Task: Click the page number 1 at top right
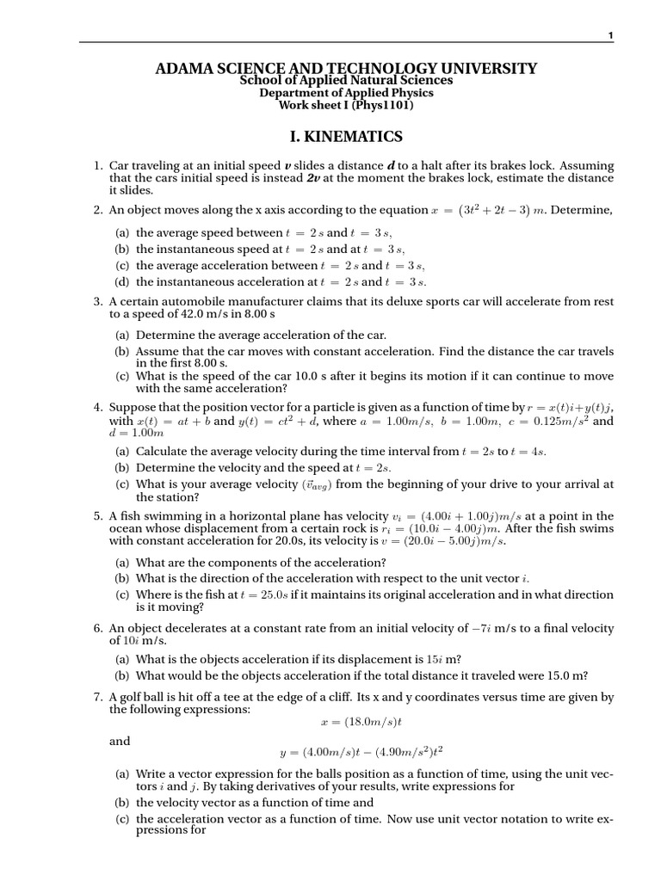coord(610,35)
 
